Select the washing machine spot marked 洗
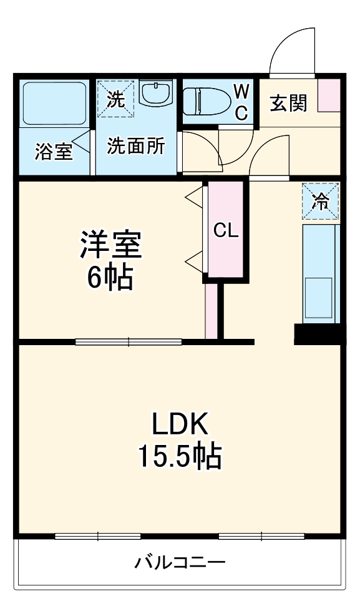pos(115,98)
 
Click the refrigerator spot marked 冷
pos(321,201)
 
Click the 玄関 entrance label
pos(289,104)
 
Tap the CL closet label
pos(226,230)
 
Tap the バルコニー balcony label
pos(180,563)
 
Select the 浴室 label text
pos(54,152)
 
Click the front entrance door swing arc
pos(292,50)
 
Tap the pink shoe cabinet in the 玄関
pos(328,95)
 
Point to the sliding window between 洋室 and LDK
pos(129,341)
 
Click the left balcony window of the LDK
pos(98,536)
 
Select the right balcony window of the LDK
pos(261,536)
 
